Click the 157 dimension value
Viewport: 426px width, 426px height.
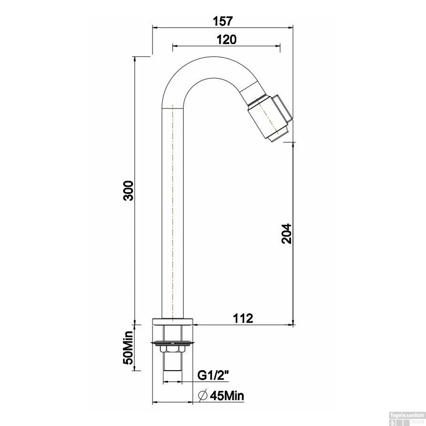pos(223,21)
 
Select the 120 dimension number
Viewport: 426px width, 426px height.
pos(226,39)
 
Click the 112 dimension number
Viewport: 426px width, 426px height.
pos(243,318)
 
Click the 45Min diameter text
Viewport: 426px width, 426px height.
pos(227,395)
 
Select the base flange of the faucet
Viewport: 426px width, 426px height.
pos(173,321)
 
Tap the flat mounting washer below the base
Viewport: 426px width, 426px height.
pos(172,343)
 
